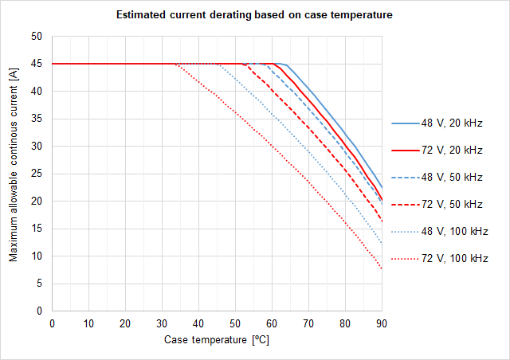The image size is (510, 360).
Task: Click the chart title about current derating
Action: pyautogui.click(x=254, y=15)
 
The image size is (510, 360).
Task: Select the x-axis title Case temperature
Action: pyautogui.click(x=216, y=340)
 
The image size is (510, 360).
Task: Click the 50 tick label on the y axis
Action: pyautogui.click(x=36, y=37)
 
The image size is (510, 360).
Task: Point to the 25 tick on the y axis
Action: pyautogui.click(x=36, y=174)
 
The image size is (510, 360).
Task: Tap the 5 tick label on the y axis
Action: pyautogui.click(x=38, y=284)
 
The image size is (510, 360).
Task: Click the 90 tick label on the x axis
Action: pyautogui.click(x=382, y=323)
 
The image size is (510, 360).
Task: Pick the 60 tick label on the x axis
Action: pyautogui.click(x=272, y=323)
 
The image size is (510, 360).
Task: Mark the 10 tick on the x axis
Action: pyautogui.click(x=88, y=323)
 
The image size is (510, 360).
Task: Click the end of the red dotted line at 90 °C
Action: pyautogui.click(x=382, y=268)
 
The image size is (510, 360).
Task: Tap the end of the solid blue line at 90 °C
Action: pyautogui.click(x=382, y=187)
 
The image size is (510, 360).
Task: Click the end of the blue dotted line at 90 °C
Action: pyautogui.click(x=382, y=244)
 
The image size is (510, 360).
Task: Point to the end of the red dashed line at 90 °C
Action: pyautogui.click(x=382, y=221)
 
